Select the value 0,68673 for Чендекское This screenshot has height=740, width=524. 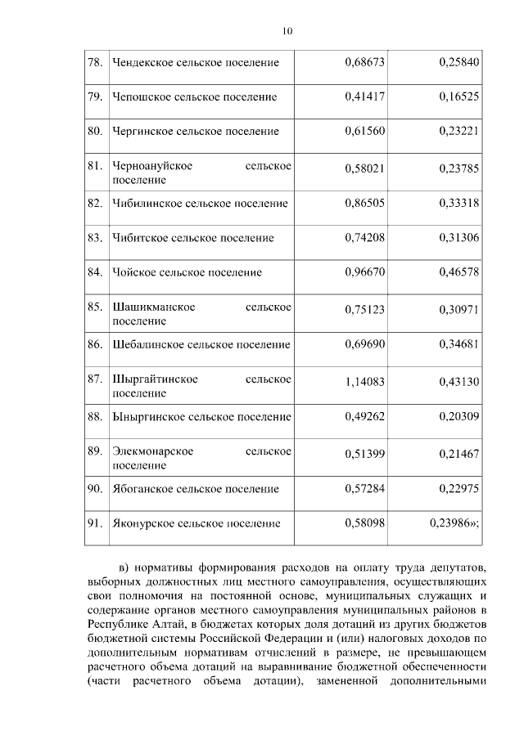(x=365, y=62)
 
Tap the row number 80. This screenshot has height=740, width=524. (x=95, y=131)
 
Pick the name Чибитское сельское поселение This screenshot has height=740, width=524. (x=192, y=238)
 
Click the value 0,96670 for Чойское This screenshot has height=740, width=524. (x=365, y=272)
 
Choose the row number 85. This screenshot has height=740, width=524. (x=95, y=307)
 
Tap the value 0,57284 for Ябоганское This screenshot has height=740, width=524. (x=365, y=488)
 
